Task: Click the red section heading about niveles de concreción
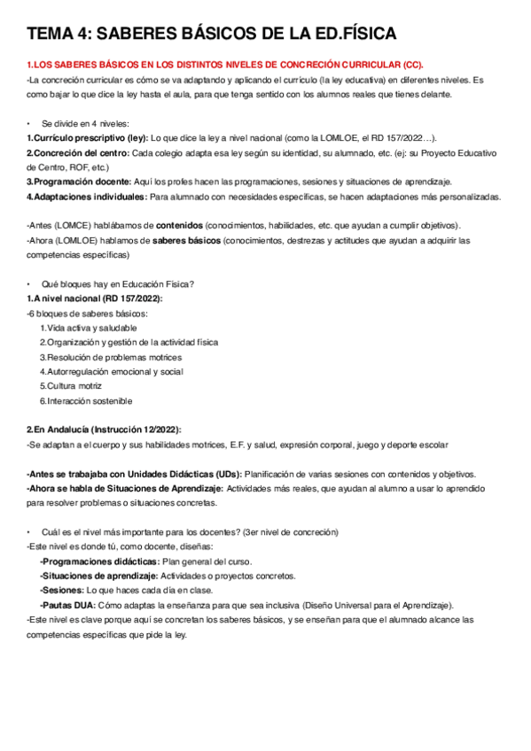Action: click(x=225, y=65)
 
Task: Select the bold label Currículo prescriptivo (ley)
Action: click(x=88, y=138)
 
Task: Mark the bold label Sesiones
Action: click(x=61, y=590)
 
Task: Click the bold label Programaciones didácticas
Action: click(x=99, y=561)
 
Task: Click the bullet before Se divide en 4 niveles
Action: click(x=29, y=123)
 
